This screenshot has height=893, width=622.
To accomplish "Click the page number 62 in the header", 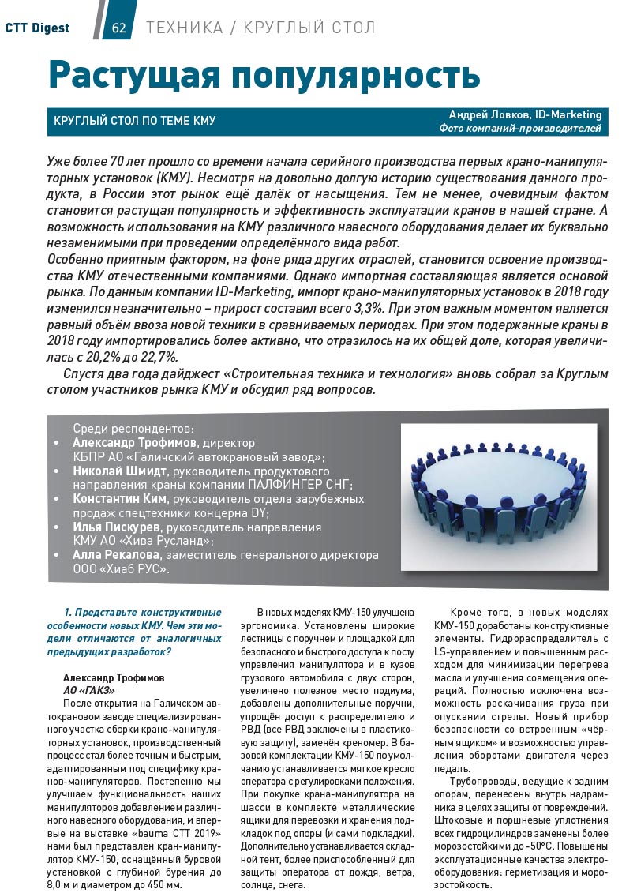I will pyautogui.click(x=119, y=28).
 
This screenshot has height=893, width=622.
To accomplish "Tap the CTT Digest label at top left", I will pyautogui.click(x=37, y=28).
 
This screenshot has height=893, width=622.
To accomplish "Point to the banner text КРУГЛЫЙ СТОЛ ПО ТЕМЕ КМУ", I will pyautogui.click(x=134, y=121).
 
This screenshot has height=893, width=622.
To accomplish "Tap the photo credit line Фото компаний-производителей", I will pyautogui.click(x=520, y=128).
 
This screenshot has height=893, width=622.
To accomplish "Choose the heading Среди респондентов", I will pyautogui.click(x=133, y=429).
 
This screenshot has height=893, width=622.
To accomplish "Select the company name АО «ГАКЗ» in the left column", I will pyautogui.click(x=84, y=690).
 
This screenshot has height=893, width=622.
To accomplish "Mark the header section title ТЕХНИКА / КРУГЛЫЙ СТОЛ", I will pyautogui.click(x=260, y=28).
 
